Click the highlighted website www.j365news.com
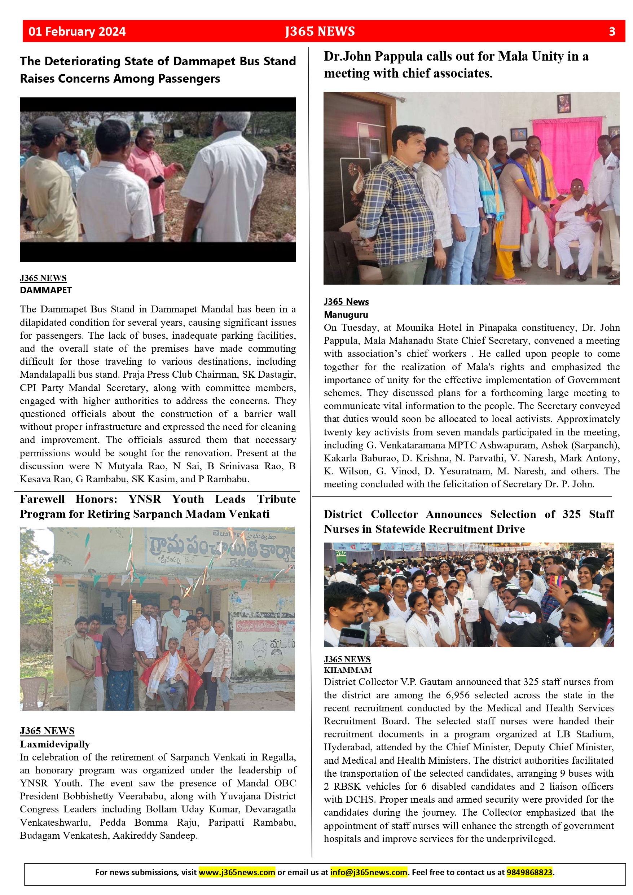click(237, 872)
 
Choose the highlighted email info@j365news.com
click(369, 872)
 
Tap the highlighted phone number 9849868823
click(529, 872)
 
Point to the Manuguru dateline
click(346, 315)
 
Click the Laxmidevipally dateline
click(55, 744)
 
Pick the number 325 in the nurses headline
click(571, 514)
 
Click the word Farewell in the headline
click(43, 499)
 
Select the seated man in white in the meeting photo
click(575, 218)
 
